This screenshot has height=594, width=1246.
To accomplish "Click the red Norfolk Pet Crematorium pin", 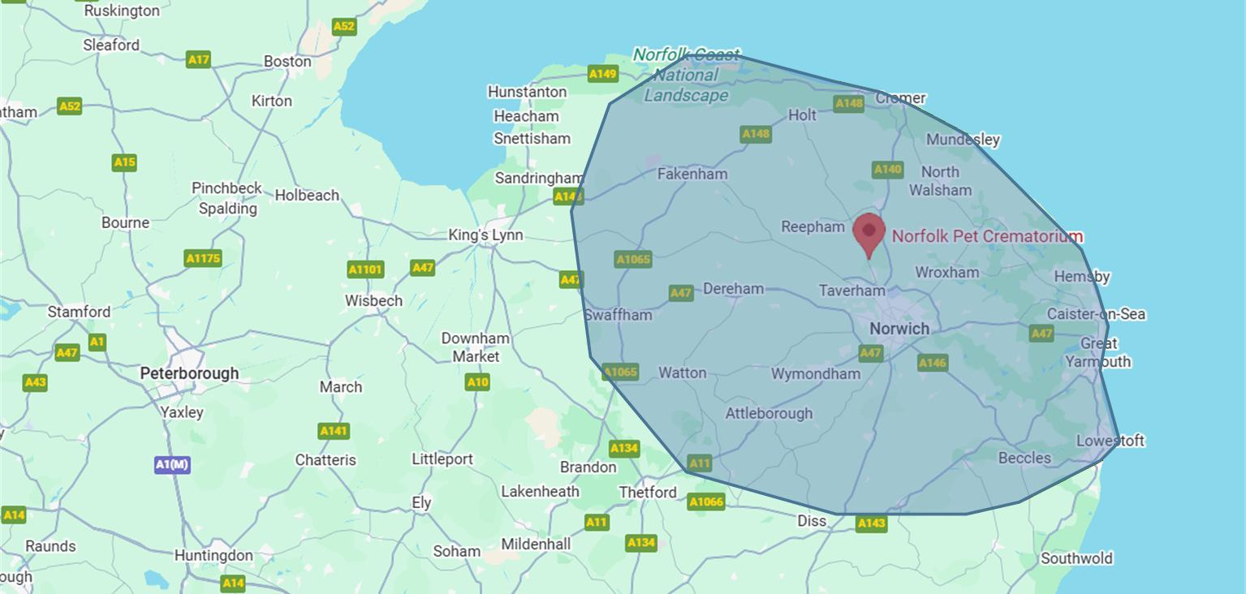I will [869, 232].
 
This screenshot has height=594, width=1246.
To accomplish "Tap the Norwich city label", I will [899, 329].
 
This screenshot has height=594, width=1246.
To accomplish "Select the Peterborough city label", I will [189, 373].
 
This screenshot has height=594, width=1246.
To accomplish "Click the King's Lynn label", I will [485, 235].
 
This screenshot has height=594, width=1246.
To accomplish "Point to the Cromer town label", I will [900, 98].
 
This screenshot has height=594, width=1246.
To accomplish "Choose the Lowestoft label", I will [1110, 441].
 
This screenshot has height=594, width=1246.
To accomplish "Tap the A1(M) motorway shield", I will [172, 465].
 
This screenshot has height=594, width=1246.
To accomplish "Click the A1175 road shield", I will [203, 259].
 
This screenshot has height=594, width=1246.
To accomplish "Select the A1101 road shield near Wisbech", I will [365, 269].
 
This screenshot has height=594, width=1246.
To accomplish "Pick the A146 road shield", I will [933, 363].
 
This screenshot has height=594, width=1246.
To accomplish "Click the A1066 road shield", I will [705, 501].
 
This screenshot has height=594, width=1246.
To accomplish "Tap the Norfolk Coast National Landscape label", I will [686, 75].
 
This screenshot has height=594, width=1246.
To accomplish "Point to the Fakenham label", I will [692, 174].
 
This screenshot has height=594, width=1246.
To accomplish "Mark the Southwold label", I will [1076, 558].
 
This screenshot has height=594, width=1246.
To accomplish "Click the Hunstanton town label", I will [527, 92].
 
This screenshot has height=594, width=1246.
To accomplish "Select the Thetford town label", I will [647, 493].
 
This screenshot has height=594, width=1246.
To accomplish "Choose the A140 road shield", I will [887, 170].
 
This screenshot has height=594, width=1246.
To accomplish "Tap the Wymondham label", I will [815, 374].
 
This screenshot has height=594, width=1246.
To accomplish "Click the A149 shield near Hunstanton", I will [602, 74].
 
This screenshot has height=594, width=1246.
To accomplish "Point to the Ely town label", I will [421, 503].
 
